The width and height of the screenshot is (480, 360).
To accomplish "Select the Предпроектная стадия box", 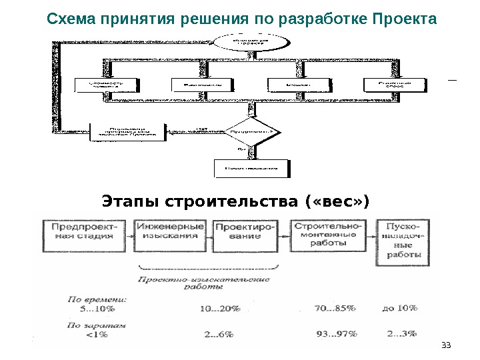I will (x=87, y=235).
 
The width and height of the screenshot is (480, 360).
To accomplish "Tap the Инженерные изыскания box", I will (x=171, y=235).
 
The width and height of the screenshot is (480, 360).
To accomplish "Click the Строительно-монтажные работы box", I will (x=329, y=235).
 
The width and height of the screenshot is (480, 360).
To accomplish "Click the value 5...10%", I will (x=97, y=309).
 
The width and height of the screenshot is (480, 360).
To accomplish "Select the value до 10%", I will (x=401, y=308).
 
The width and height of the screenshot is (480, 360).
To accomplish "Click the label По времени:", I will (x=99, y=299).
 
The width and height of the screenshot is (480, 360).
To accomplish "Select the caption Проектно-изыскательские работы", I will (x=203, y=284).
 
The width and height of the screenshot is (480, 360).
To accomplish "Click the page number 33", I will (x=447, y=344).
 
